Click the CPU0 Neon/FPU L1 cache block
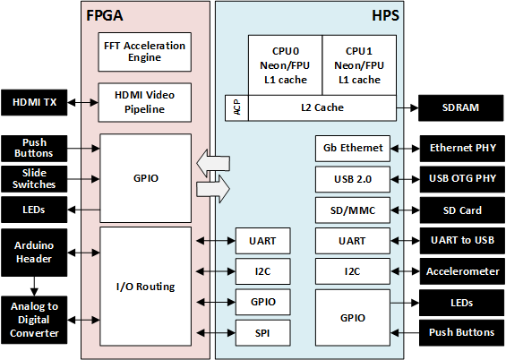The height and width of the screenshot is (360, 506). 284,65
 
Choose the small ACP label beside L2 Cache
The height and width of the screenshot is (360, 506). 236,108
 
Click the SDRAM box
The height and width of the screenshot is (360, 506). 460,108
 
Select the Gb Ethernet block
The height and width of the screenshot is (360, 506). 354,148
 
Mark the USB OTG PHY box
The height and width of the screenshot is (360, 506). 460,179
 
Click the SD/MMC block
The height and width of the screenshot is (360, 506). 354,210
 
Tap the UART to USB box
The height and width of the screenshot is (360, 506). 460,240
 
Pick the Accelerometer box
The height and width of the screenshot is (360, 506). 460,270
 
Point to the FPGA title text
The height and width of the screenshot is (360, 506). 106,16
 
